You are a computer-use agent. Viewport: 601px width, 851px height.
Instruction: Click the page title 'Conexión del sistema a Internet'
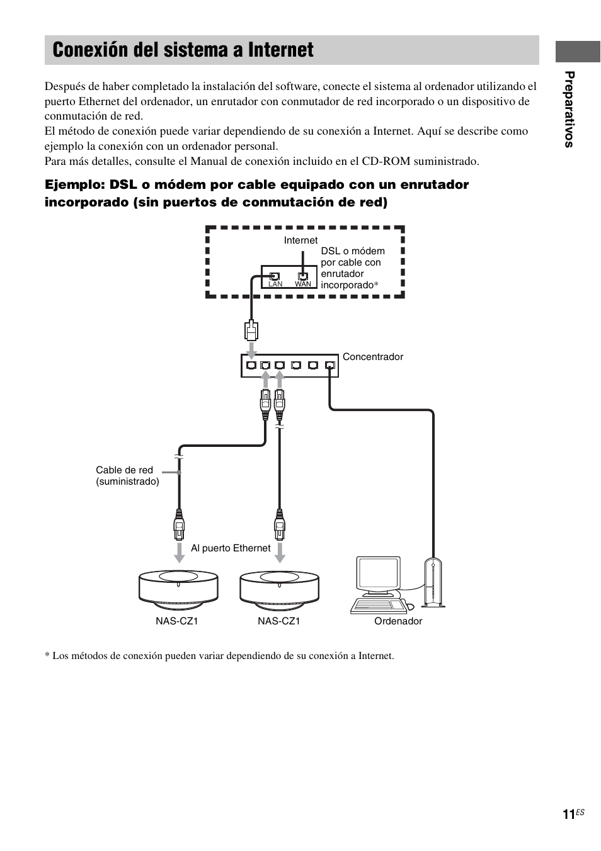point(183,50)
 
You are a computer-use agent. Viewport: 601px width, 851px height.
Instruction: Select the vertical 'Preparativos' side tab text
point(569,110)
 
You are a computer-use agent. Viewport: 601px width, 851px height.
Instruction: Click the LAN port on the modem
point(275,276)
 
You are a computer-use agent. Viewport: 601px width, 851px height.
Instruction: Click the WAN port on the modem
point(303,276)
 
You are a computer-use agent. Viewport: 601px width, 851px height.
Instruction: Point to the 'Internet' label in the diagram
point(300,240)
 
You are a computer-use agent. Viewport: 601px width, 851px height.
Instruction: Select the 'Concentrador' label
point(372,357)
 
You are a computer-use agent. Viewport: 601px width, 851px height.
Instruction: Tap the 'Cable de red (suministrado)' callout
point(127,476)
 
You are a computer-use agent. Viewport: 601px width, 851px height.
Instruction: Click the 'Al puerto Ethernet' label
point(231,548)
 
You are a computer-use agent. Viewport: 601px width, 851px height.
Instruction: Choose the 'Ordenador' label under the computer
point(398,621)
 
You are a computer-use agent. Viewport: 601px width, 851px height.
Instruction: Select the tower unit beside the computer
point(433,583)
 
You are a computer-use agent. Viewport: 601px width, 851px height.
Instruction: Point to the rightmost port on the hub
point(329,365)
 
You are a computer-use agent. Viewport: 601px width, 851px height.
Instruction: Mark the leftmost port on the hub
point(251,365)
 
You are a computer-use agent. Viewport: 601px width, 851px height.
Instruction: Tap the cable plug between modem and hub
point(251,330)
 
